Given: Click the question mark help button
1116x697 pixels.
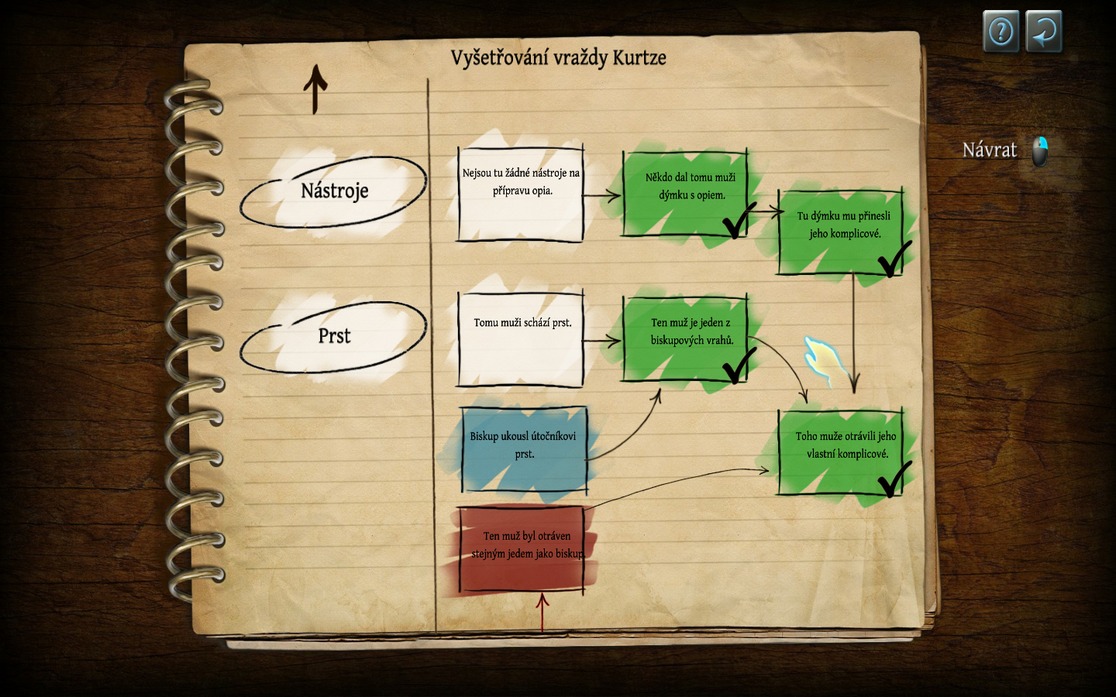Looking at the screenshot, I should (x=1001, y=32).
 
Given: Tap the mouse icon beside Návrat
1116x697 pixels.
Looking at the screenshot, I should (x=1040, y=151).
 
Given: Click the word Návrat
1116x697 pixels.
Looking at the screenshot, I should (x=989, y=149).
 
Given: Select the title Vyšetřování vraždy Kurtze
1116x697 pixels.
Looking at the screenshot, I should (x=558, y=58).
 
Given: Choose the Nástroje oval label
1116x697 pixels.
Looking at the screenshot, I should (x=334, y=191).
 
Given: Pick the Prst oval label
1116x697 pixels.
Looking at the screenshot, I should (x=334, y=336).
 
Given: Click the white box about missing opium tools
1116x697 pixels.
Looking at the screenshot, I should (x=521, y=194).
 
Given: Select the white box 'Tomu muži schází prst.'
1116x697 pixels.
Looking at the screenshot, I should (x=521, y=339).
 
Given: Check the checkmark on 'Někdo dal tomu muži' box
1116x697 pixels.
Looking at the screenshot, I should (x=737, y=221).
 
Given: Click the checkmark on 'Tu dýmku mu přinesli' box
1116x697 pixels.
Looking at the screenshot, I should (x=894, y=259).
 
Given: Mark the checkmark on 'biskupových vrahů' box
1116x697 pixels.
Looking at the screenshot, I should (x=738, y=365).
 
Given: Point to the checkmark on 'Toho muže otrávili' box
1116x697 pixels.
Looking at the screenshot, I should (x=894, y=479).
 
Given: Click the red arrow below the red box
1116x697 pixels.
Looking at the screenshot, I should (x=542, y=612).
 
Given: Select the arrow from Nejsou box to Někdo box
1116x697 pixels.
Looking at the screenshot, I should (x=602, y=195).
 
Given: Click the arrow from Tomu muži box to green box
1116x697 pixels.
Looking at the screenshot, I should (x=602, y=340).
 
